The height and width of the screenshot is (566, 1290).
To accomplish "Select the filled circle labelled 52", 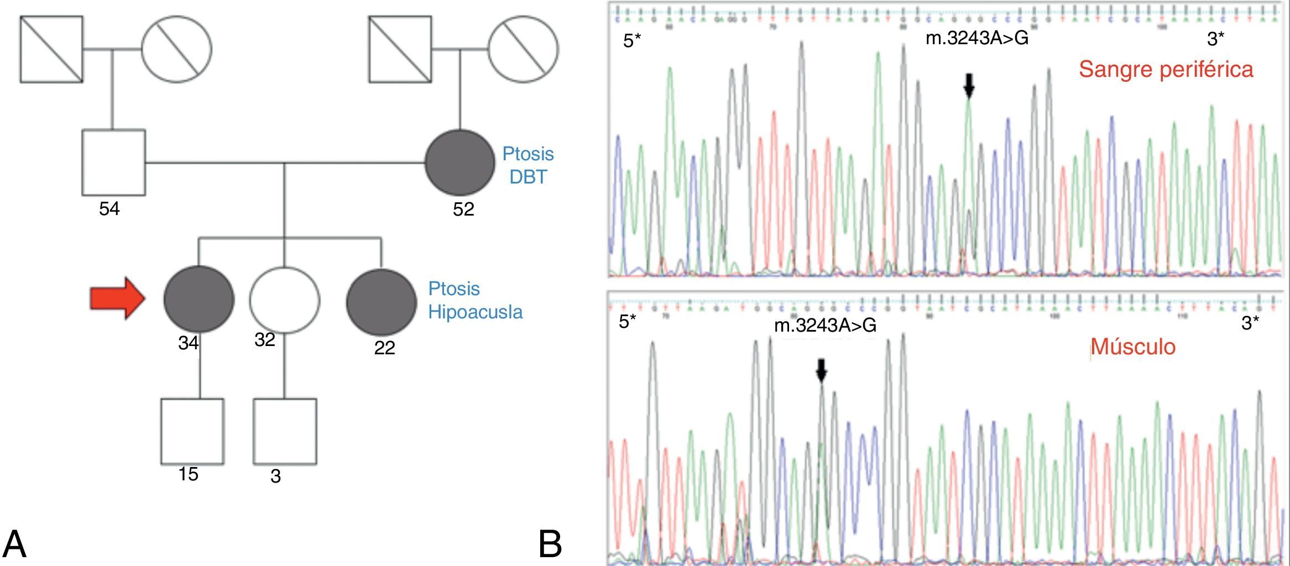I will [459, 163].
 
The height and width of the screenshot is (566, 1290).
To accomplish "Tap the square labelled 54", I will [113, 163].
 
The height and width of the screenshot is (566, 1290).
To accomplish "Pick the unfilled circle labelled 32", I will [284, 300].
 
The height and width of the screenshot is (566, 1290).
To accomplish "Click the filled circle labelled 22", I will [381, 302].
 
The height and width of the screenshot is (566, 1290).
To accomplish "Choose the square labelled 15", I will [192, 431].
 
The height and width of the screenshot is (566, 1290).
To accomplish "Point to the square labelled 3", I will [285, 431].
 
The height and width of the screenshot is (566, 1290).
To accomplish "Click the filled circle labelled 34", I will [199, 299].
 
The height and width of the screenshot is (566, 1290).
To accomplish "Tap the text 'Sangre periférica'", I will [1166, 70].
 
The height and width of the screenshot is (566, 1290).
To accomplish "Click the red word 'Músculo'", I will [1133, 347].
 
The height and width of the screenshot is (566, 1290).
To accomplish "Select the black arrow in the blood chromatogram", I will [969, 85].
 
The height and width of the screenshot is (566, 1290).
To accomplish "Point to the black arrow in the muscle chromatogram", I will [821, 370].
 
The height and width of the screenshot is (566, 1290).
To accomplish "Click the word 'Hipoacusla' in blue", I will [475, 312].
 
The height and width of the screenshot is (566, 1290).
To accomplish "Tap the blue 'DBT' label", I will [528, 177].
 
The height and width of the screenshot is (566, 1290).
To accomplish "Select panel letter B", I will [550, 544].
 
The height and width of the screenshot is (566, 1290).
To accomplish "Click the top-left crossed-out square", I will [51, 49].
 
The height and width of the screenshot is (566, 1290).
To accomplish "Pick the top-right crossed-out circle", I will [523, 49].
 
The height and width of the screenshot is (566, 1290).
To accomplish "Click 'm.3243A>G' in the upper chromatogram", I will [976, 38].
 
